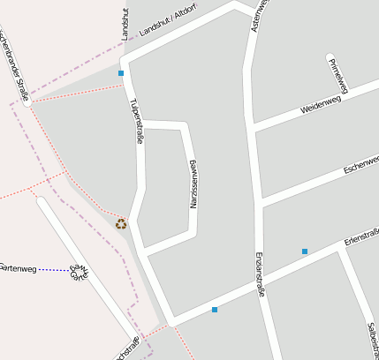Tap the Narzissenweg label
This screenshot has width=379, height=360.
click(x=193, y=184)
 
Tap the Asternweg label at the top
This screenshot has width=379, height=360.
click(x=258, y=16)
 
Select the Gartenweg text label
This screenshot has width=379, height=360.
click(x=18, y=267)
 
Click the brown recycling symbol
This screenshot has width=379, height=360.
click(x=121, y=223)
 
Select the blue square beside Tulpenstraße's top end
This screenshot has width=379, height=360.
click(x=120, y=73)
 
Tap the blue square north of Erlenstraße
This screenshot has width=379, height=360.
click(x=305, y=251)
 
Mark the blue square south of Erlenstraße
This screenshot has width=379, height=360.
click(x=214, y=310)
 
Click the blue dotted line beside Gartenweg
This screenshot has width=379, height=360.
click(x=54, y=268)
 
